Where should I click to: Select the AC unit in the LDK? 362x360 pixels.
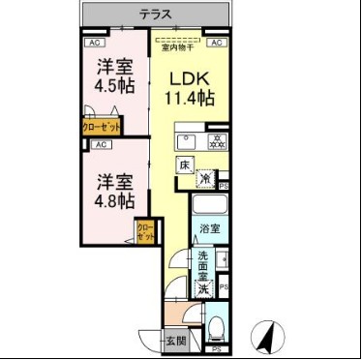click(x=215, y=44)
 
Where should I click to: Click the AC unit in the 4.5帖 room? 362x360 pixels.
click(x=95, y=44)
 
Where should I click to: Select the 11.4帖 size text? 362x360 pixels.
click(x=190, y=98)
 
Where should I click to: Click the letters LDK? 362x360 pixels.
click(x=190, y=78)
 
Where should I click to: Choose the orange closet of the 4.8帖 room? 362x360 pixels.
click(x=145, y=232)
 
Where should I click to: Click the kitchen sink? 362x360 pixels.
click(x=187, y=140)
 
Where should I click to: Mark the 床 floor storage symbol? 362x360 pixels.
click(x=184, y=166)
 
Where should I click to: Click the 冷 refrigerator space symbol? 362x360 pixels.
click(x=206, y=177)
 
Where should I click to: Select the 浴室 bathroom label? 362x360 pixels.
click(x=209, y=229)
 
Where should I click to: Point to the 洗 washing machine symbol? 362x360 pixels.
click(x=204, y=286)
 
